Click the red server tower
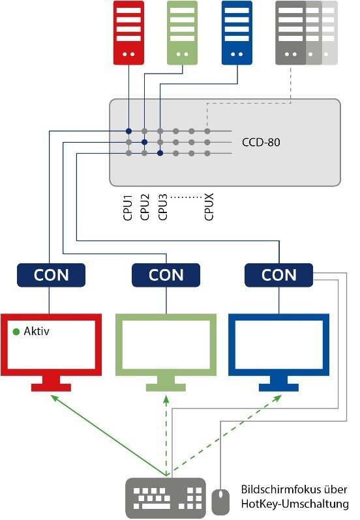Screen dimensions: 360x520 point(128,33)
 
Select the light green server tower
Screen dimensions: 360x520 point(182,33)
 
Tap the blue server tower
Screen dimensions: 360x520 point(237,33)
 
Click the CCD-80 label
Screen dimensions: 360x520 point(261,142)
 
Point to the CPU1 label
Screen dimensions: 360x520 point(128,208)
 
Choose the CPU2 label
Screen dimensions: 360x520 point(145,207)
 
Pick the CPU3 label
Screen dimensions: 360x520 point(162,207)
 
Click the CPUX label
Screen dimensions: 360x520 point(209,207)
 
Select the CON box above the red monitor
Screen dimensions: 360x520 point(51,275)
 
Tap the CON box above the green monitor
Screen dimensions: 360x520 point(166,275)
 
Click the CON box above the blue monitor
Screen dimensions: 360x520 point(278,275)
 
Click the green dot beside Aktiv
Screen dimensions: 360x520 point(16,331)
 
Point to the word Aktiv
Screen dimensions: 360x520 point(37,331)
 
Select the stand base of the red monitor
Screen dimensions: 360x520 point(51,387)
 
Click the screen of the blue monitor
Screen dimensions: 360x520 point(278,344)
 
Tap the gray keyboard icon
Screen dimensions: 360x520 point(166,497)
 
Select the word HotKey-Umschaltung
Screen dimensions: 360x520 point(295,504)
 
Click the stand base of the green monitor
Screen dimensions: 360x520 point(166,387)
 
